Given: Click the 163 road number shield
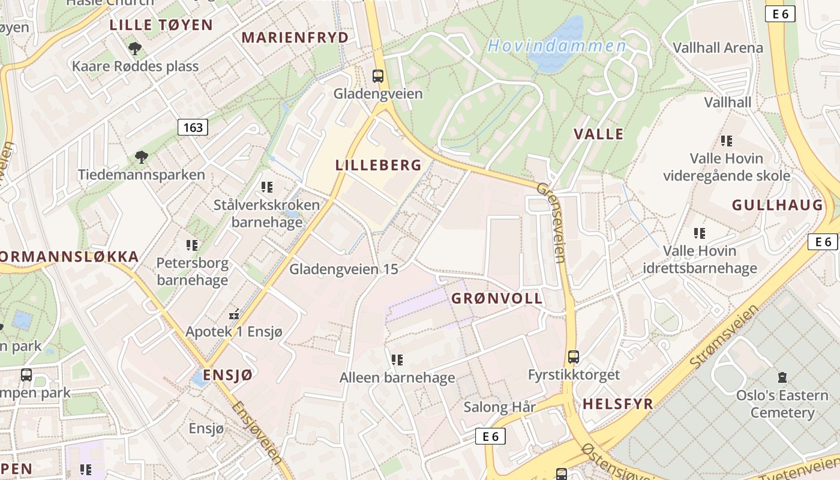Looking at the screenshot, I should pyautogui.click(x=193, y=127).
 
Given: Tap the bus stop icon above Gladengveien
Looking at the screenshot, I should pyautogui.click(x=377, y=76).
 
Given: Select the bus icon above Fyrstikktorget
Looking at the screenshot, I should pyautogui.click(x=573, y=357).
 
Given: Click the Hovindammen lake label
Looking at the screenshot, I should pyautogui.click(x=556, y=46).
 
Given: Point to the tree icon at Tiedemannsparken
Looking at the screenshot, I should pyautogui.click(x=141, y=157).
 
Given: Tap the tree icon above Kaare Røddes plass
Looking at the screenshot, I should pyautogui.click(x=135, y=48).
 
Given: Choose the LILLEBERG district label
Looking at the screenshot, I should pyautogui.click(x=379, y=166).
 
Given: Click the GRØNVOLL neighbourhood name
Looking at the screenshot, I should pyautogui.click(x=497, y=298).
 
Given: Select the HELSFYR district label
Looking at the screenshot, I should pyautogui.click(x=617, y=404).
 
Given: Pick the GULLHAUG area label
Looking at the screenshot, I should pyautogui.click(x=777, y=205).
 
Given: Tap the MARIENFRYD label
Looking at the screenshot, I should pyautogui.click(x=295, y=37).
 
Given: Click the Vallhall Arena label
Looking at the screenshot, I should pyautogui.click(x=718, y=47).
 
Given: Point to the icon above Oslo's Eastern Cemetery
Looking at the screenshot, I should pyautogui.click(x=782, y=377).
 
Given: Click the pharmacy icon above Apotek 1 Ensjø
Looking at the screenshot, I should pyautogui.click(x=234, y=314).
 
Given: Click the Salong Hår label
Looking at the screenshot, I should pyautogui.click(x=499, y=407).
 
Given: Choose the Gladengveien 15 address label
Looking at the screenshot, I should pyautogui.click(x=343, y=269).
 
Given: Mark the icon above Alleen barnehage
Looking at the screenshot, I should pyautogui.click(x=397, y=360).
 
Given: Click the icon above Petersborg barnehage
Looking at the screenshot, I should pyautogui.click(x=192, y=245).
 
